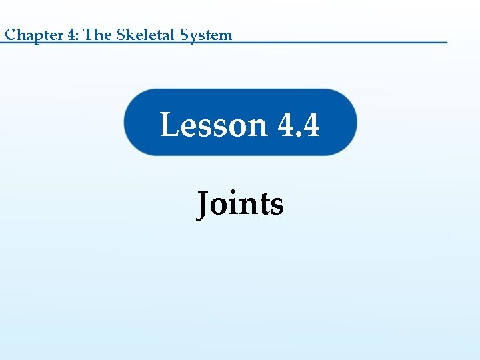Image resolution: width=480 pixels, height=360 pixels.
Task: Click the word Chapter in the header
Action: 34,35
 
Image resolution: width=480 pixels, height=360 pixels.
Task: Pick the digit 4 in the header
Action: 71,35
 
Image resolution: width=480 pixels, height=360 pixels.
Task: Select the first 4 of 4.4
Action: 285,125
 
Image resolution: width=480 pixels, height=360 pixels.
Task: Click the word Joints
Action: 240,203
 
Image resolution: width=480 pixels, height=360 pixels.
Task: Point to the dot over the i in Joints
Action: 235,192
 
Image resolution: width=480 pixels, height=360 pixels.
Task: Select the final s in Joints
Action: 277,206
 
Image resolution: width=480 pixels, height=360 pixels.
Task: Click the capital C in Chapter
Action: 10,35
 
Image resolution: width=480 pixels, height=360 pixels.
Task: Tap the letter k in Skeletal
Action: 129,35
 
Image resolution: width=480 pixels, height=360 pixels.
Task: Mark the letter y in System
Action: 195,37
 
